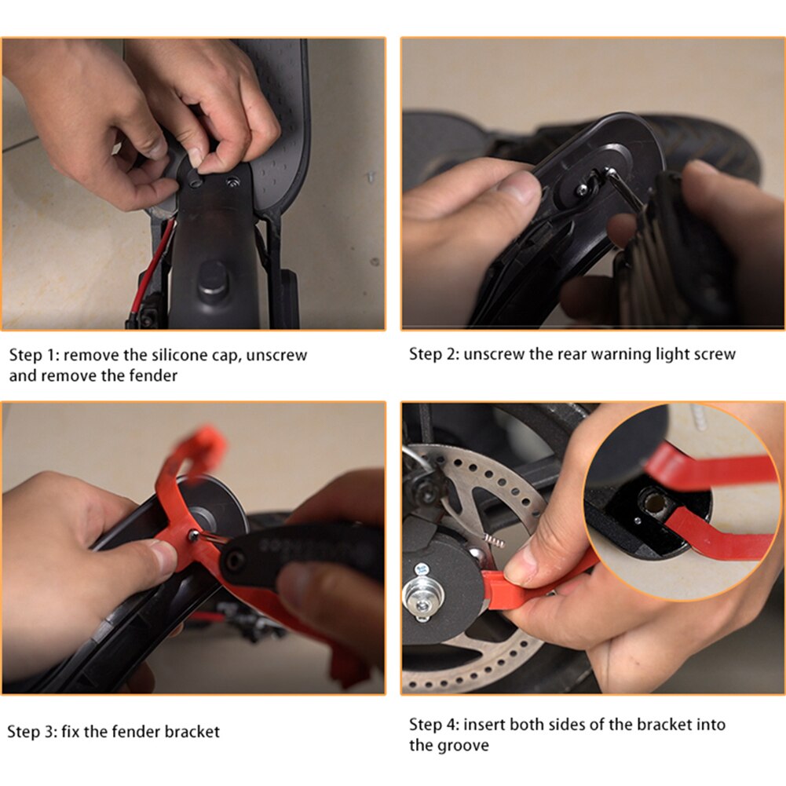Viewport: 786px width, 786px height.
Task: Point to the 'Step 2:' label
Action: (433, 354)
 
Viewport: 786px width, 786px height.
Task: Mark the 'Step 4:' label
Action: (433, 724)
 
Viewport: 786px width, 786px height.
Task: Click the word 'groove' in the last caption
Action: (462, 745)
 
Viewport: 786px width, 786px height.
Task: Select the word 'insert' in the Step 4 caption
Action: (484, 724)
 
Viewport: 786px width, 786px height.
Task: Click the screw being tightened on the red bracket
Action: (194, 535)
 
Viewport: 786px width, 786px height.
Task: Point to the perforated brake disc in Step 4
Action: (503, 487)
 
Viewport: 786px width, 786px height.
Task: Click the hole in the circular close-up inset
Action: (653, 500)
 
